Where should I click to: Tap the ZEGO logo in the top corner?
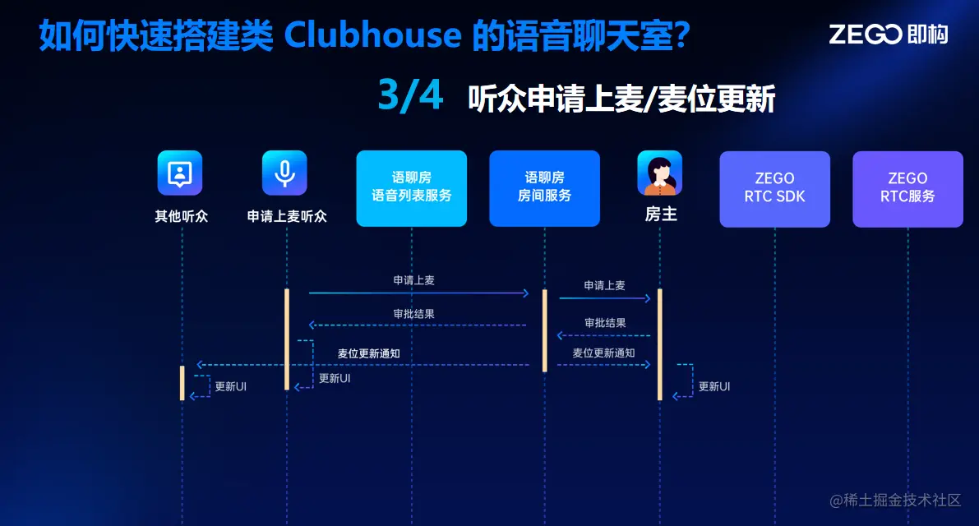888,34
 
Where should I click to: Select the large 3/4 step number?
410,97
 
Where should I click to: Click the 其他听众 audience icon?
180,173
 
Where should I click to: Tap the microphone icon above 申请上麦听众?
284,173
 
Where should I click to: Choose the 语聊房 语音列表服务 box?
411,188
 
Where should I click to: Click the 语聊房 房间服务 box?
544,188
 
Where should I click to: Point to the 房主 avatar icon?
659,173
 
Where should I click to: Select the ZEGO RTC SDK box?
774,188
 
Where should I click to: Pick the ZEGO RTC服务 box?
907,188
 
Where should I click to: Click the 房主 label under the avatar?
660,215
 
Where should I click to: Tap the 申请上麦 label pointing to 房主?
604,285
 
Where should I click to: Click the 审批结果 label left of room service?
413,313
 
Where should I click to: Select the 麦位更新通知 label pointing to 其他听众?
368,353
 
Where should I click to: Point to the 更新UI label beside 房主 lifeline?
713,386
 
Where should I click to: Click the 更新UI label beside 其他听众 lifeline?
230,386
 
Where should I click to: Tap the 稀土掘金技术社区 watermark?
895,500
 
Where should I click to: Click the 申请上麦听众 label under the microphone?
287,217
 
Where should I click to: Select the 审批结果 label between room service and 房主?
604,323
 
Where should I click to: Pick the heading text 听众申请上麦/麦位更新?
621,100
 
